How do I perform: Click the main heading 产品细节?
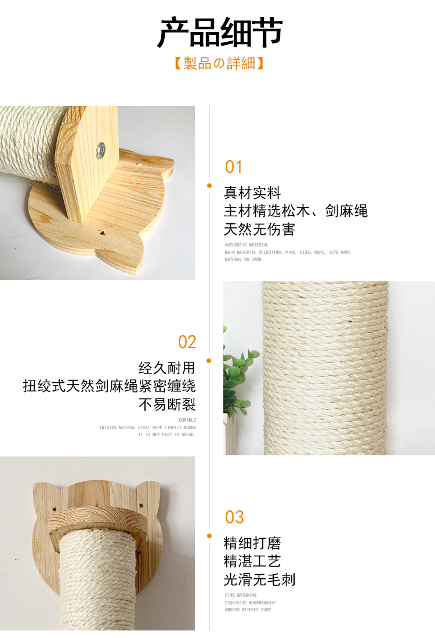(x=220, y=33)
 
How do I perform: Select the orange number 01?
(x=234, y=167)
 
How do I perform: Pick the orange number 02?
(x=187, y=342)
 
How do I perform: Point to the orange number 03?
(x=234, y=517)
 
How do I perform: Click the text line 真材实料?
(x=252, y=193)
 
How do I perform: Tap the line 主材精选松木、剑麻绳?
(x=296, y=211)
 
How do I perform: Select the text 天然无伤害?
(x=259, y=230)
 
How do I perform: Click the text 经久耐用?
(x=167, y=368)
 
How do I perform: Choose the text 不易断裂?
(x=167, y=404)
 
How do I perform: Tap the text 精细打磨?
(x=252, y=543)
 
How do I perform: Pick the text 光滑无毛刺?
(x=259, y=579)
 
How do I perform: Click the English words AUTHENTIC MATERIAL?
(x=246, y=245)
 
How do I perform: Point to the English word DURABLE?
(x=187, y=420)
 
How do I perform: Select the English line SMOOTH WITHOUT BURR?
(x=248, y=610)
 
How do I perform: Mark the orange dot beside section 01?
(x=209, y=186)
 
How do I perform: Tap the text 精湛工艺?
(x=252, y=561)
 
